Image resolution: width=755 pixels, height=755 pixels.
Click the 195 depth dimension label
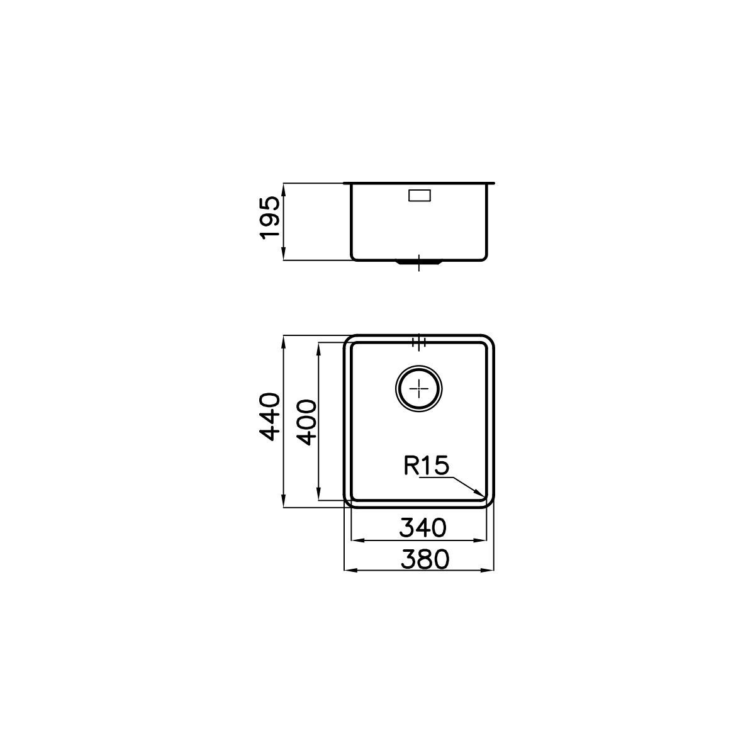coord(270,218)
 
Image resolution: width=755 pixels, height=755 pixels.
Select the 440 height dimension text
coord(270,417)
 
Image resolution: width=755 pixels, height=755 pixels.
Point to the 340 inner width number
coord(422,528)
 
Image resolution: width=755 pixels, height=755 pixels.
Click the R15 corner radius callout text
coord(426,466)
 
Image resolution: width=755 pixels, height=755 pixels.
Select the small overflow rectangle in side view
coord(420,195)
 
